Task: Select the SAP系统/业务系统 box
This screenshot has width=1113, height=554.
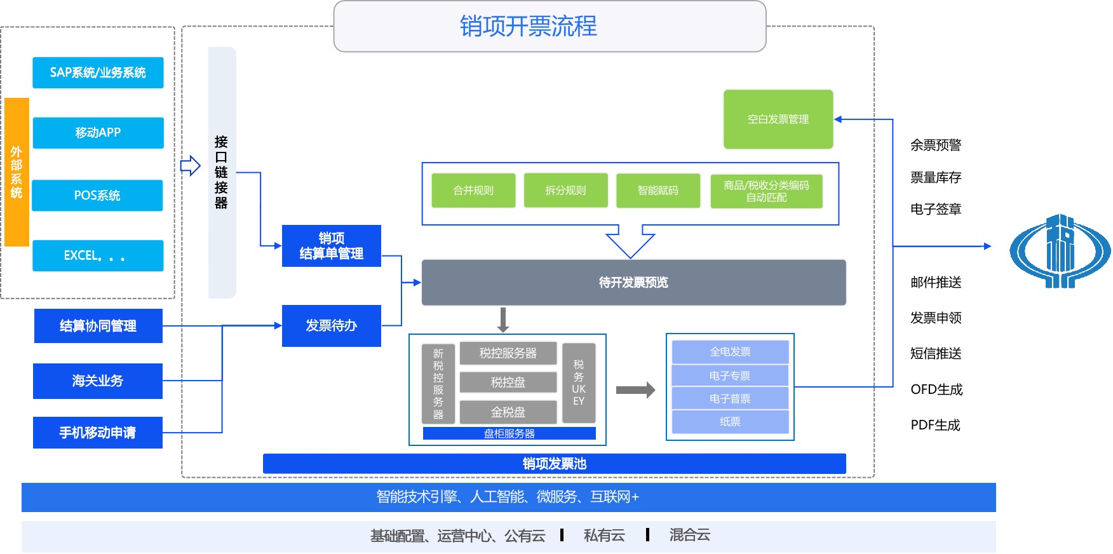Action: [x=98, y=72]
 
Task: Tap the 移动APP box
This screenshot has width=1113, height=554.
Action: [x=98, y=133]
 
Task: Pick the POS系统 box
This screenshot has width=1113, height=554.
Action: [x=97, y=195]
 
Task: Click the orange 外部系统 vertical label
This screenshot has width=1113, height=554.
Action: [x=17, y=172]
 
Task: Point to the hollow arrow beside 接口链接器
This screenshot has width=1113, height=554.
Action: [x=190, y=166]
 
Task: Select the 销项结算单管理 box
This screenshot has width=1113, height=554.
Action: [x=331, y=246]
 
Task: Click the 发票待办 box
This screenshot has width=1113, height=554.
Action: [x=331, y=326]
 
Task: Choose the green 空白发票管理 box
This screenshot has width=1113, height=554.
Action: [x=778, y=119]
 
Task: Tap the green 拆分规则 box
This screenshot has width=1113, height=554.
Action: [x=565, y=191]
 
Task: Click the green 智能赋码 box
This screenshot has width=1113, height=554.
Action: [x=658, y=191]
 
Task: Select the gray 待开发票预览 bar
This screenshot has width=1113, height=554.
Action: [x=633, y=283]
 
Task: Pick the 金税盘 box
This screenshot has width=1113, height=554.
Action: [x=508, y=412]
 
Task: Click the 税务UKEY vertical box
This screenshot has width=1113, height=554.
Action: [x=579, y=382]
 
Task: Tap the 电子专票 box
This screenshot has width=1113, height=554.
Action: [x=730, y=375]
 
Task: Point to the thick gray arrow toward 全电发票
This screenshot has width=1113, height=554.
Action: [x=635, y=389]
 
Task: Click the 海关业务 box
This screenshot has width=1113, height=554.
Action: [x=98, y=381]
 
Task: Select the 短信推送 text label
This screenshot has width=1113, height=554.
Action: [x=936, y=354]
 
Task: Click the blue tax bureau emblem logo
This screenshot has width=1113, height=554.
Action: [x=1060, y=252]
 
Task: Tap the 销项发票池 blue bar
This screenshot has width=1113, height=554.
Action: [x=554, y=464]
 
